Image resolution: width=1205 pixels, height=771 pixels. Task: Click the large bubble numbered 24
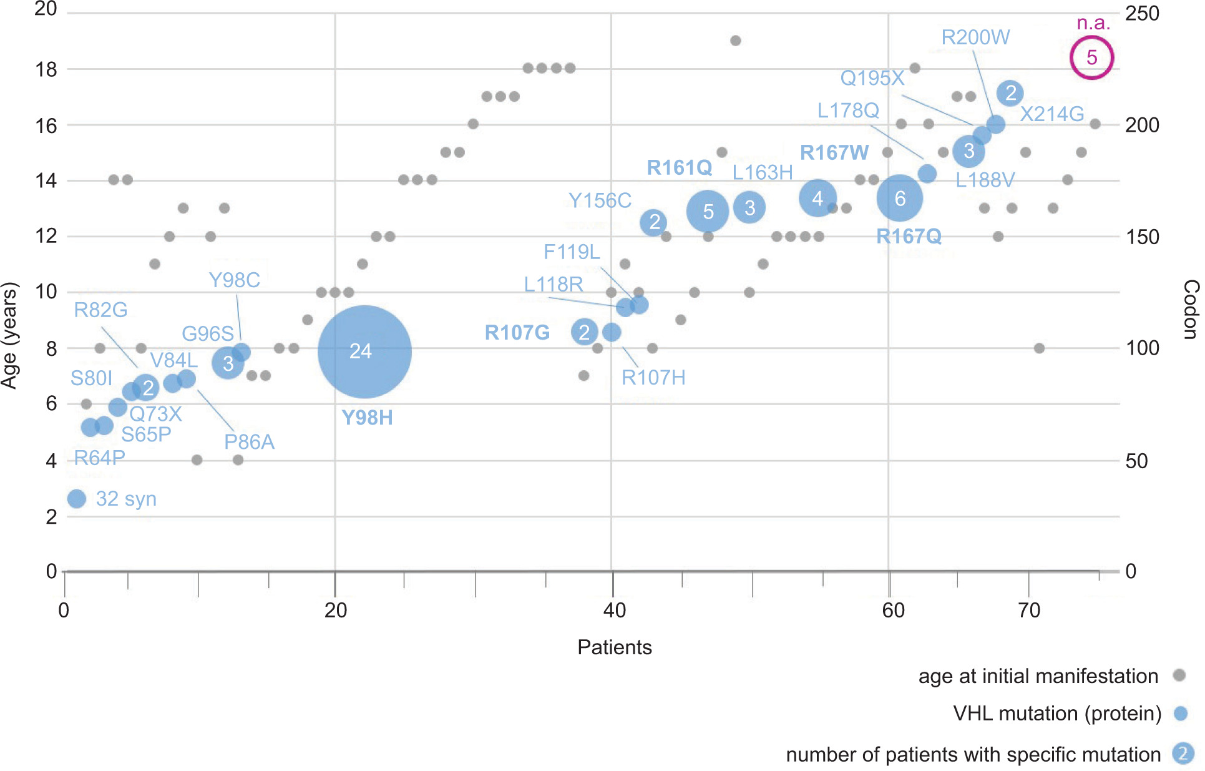[x=364, y=351]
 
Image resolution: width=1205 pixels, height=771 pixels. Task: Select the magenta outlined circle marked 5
[x=1091, y=57]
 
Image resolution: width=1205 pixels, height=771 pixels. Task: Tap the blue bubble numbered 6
[x=899, y=199]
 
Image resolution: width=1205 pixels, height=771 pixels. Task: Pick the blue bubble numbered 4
[x=817, y=199]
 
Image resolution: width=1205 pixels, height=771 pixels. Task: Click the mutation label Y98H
[x=367, y=418]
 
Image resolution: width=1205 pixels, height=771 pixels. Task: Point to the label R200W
[x=975, y=37]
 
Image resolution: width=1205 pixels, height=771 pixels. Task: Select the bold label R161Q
[x=679, y=167]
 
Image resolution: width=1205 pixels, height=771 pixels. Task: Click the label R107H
[x=653, y=378]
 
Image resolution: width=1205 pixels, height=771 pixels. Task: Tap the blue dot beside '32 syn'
[x=77, y=499]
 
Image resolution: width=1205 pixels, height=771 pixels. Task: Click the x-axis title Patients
[x=614, y=647]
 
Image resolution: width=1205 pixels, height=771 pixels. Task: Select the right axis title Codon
[x=1191, y=310]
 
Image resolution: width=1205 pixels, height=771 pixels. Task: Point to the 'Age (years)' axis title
[x=9, y=335]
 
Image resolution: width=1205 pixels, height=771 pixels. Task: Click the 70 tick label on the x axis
[x=1028, y=610]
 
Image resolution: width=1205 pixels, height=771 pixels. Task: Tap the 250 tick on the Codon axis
[x=1142, y=13]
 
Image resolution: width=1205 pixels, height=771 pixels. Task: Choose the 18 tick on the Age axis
[x=46, y=69]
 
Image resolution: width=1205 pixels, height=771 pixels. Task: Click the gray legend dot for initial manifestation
[x=1179, y=675]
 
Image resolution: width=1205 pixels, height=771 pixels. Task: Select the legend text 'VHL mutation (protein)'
[x=1056, y=713]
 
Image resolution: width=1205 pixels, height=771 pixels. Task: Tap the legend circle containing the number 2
[x=1182, y=754]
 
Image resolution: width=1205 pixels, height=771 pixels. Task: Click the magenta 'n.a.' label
[x=1093, y=23]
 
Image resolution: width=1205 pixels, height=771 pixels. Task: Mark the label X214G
[x=1051, y=114]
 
